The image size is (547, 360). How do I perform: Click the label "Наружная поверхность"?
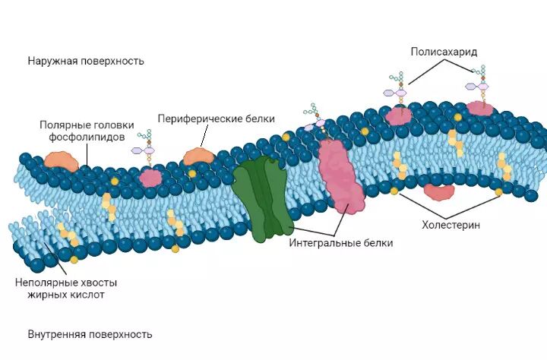click(x=85, y=61)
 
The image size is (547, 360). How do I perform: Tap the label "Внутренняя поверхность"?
click(x=90, y=334)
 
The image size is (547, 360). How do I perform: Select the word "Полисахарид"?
click(x=444, y=52)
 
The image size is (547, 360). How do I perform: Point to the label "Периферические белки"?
click(x=216, y=118)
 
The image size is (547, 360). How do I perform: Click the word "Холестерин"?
click(x=451, y=225)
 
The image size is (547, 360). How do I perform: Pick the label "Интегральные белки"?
click(x=341, y=244)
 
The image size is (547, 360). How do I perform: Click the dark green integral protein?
click(x=262, y=200)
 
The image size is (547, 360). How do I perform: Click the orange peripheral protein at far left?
click(x=61, y=160)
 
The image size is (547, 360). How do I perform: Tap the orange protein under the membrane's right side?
click(x=438, y=192)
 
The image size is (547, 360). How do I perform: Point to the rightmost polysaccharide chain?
click(x=480, y=80)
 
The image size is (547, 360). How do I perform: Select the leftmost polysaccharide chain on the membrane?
click(x=146, y=145)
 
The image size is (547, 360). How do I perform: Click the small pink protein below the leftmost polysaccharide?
click(x=150, y=178)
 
